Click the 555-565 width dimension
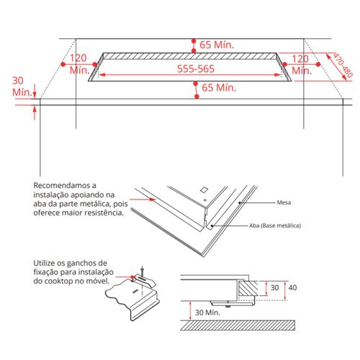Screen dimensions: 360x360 tap(196, 69)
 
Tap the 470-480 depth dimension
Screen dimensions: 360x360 tap(343, 66)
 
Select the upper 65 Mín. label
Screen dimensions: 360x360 tap(217, 45)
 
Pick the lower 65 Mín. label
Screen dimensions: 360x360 tap(219, 88)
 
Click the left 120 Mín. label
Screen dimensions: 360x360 tap(79, 64)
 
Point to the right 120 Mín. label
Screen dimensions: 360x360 tap(302, 65)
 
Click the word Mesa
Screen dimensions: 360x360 tap(284, 202)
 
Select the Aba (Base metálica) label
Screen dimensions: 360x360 tap(275, 225)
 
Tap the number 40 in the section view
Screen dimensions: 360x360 tap(292, 287)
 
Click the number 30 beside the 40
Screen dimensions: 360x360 tap(274, 287)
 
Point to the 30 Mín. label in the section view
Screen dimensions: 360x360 tap(207, 312)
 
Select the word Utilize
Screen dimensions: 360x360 tap(44, 263)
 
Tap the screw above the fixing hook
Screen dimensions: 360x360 tap(143, 271)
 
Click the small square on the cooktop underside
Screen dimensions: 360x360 tap(204, 189)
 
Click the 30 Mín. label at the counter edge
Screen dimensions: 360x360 tap(22, 86)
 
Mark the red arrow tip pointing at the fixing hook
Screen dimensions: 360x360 tap(135, 277)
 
